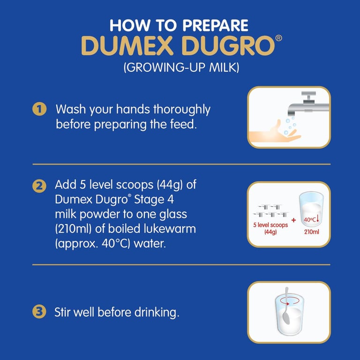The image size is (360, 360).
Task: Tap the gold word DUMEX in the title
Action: pyautogui.click(x=127, y=45)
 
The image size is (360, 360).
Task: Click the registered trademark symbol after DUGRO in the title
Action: pyautogui.click(x=278, y=38)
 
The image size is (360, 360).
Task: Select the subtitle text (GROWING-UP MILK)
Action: pyautogui.click(x=181, y=67)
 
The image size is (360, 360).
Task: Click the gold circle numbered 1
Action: pyautogui.click(x=39, y=109)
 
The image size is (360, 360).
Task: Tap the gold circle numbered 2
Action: pyautogui.click(x=39, y=186)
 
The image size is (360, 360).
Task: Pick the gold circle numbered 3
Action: pyautogui.click(x=39, y=312)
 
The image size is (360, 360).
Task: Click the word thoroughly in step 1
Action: pyautogui.click(x=182, y=110)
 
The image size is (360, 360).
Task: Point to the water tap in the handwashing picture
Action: pyautogui.click(x=307, y=104)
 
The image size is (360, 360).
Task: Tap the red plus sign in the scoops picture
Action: pyautogui.click(x=293, y=220)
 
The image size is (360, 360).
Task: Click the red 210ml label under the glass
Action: pyautogui.click(x=312, y=232)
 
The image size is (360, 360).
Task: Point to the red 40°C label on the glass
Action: pyautogui.click(x=310, y=220)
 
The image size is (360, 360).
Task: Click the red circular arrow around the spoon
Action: pyautogui.click(x=287, y=304)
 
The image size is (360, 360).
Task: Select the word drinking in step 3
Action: pyautogui.click(x=157, y=313)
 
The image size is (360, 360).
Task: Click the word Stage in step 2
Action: pyautogui.click(x=149, y=200)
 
